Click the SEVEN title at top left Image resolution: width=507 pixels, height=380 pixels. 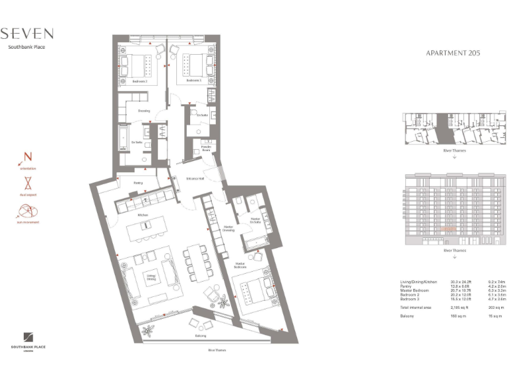pyautogui.click(x=27, y=34)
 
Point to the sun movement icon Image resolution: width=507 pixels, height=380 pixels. pyautogui.click(x=28, y=212)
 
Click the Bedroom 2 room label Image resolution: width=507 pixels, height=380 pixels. pyautogui.click(x=139, y=80)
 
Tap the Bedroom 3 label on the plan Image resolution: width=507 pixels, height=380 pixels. pyautogui.click(x=193, y=80)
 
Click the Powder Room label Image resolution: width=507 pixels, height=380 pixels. pyautogui.click(x=206, y=148)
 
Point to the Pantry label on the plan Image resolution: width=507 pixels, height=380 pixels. pyautogui.click(x=139, y=183)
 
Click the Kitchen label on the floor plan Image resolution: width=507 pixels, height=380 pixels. pyautogui.click(x=142, y=215)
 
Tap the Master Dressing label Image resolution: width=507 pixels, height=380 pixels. pyautogui.click(x=229, y=228)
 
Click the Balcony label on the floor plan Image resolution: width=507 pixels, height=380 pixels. pyautogui.click(x=200, y=336)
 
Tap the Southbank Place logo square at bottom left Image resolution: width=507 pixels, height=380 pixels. pyautogui.click(x=28, y=336)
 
